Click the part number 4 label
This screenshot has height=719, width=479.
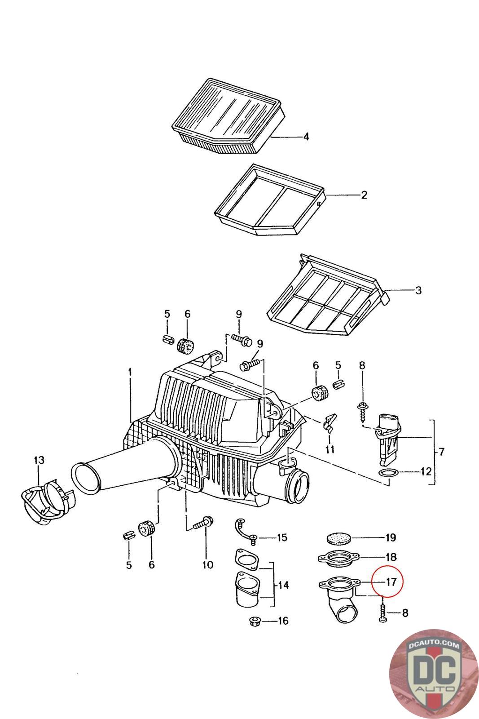[306, 137]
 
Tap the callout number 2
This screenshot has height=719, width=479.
[364, 195]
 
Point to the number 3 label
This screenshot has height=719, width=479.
[418, 290]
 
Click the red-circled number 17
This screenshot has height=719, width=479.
[391, 581]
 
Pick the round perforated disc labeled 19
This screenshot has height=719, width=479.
[338, 537]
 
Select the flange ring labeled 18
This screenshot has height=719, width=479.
[338, 558]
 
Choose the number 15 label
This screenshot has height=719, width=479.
[282, 537]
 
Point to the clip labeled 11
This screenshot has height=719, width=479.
[329, 422]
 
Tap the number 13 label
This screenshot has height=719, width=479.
[39, 460]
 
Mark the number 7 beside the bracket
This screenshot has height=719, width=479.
[441, 452]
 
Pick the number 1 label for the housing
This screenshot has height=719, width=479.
[130, 372]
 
